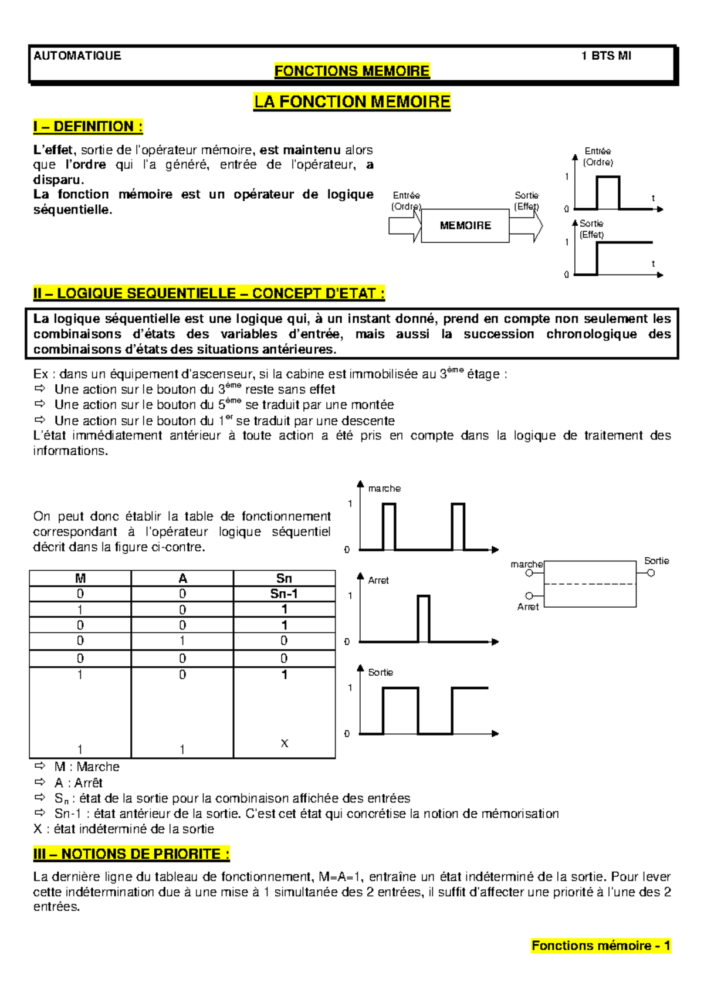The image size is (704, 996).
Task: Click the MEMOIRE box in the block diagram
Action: click(465, 225)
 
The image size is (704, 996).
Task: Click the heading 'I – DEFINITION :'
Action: click(88, 127)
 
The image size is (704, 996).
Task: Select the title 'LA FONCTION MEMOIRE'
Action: click(352, 102)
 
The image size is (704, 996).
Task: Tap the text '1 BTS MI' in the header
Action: click(605, 56)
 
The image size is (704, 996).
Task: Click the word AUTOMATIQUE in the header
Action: click(77, 56)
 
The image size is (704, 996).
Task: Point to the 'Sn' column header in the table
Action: click(284, 578)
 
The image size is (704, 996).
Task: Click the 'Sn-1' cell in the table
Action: click(284, 594)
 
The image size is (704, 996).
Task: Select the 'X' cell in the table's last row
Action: click(285, 743)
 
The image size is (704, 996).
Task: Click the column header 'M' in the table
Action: click(80, 578)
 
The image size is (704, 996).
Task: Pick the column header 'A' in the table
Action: click(182, 578)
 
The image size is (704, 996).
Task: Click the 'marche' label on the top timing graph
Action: click(384, 488)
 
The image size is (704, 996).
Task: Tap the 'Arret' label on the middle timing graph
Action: click(378, 580)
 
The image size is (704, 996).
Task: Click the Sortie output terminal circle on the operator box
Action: click(651, 573)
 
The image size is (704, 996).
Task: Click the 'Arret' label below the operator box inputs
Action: click(527, 607)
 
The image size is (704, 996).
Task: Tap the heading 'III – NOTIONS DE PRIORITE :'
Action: click(131, 854)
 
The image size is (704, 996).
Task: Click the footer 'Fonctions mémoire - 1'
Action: click(601, 946)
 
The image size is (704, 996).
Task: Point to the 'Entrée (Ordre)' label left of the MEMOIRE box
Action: click(406, 201)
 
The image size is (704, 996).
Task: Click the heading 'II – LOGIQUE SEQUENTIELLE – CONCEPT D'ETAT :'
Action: click(209, 293)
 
